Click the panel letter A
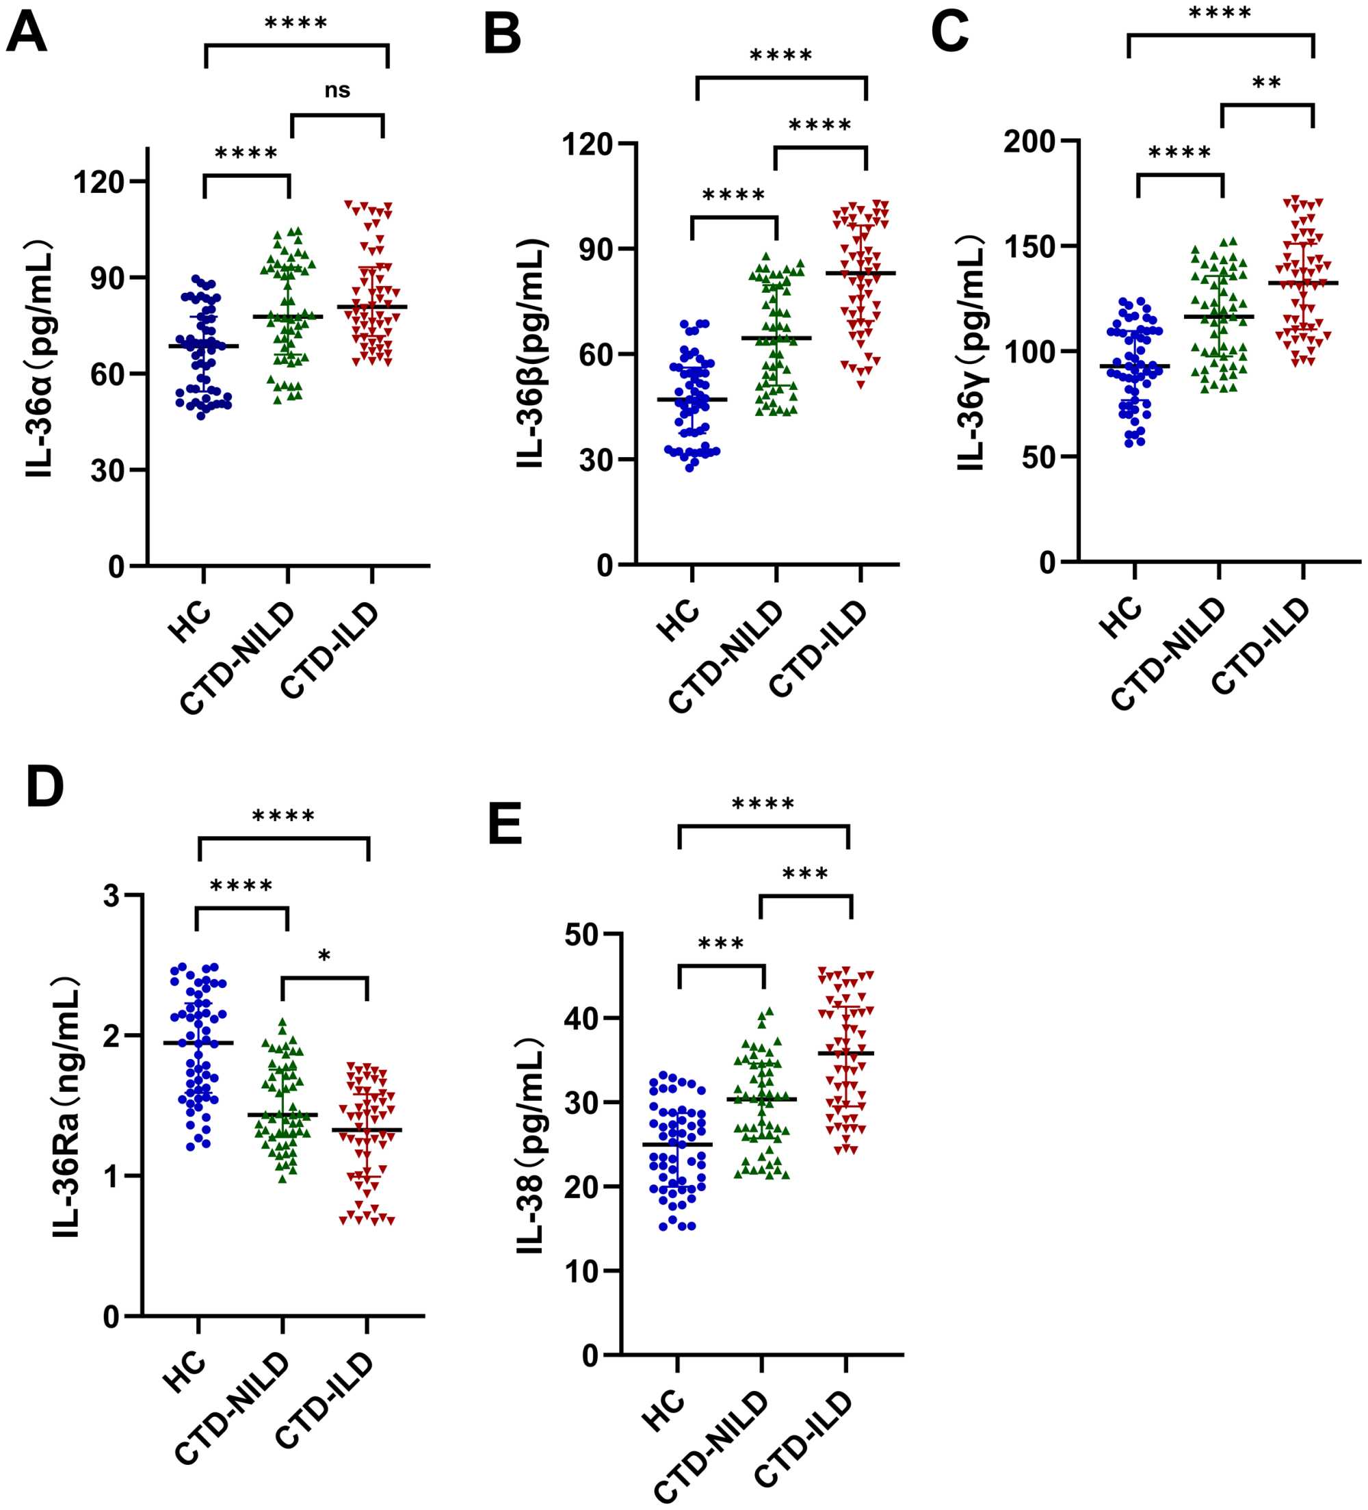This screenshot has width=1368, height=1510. (x=27, y=32)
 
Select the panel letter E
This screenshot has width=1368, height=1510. (x=505, y=824)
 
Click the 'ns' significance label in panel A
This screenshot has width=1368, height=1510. (x=337, y=90)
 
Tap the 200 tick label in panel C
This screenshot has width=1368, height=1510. (x=1029, y=142)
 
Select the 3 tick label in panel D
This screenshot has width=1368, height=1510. (x=111, y=896)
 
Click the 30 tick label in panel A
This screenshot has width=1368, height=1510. (x=108, y=470)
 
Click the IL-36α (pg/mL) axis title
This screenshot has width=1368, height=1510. (x=39, y=359)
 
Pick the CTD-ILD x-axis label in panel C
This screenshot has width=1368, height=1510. (x=1262, y=646)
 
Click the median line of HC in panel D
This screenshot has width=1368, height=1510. (x=198, y=1043)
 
